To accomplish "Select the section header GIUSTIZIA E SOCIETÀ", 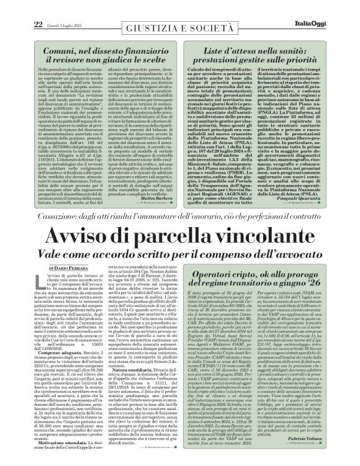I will point(181,14).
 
